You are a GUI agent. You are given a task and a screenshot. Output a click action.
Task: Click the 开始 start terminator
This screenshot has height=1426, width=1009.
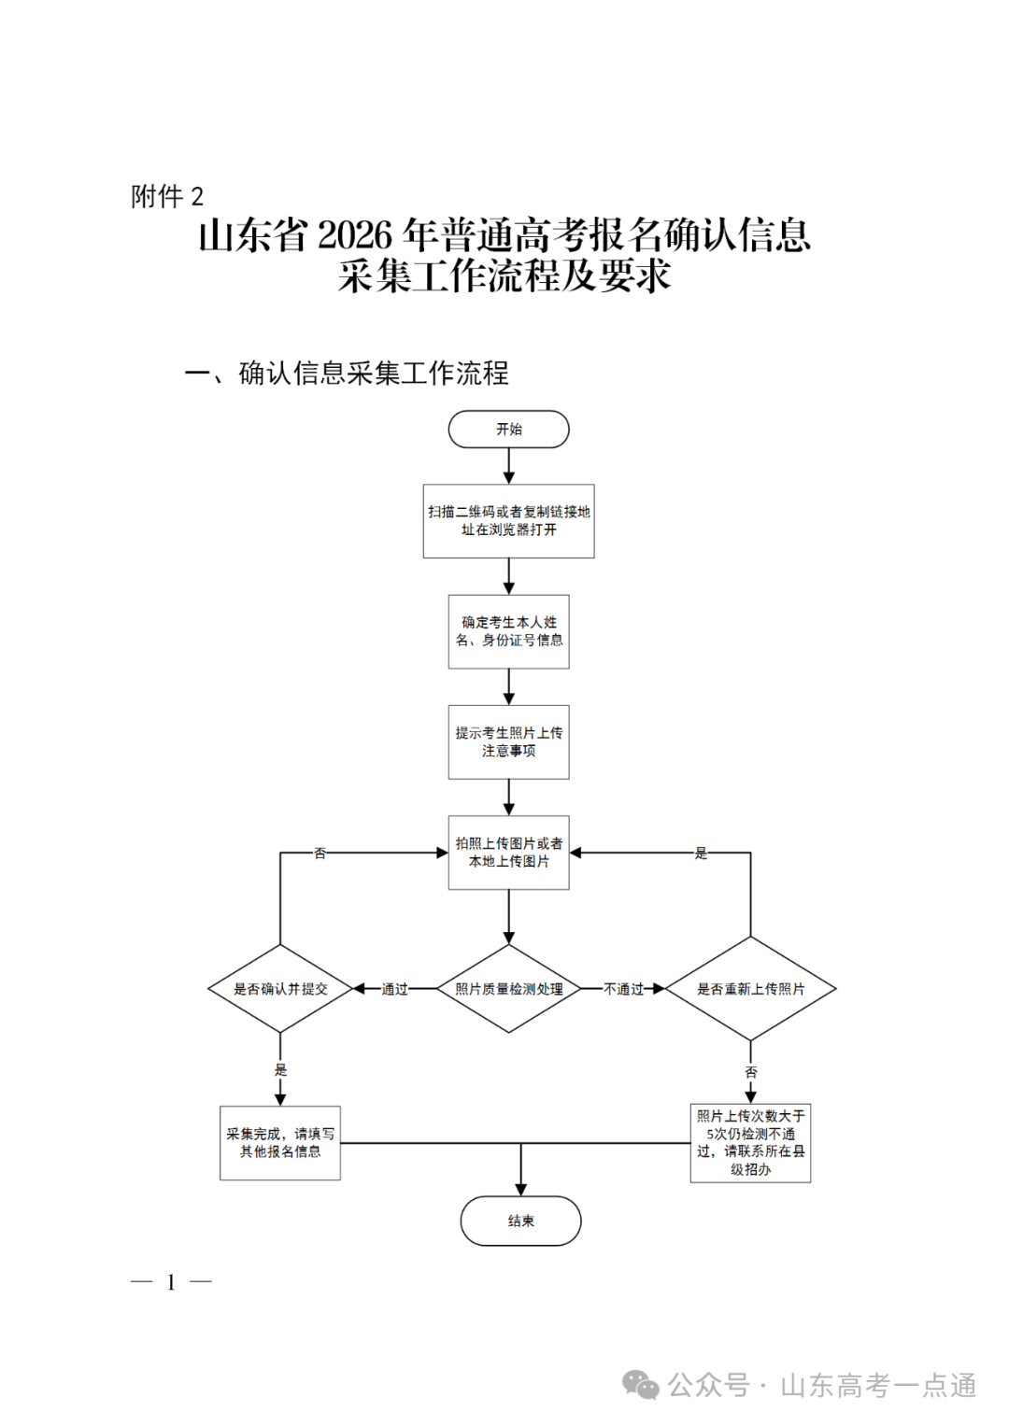(x=508, y=430)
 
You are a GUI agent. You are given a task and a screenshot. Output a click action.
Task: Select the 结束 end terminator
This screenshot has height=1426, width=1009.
(x=520, y=1221)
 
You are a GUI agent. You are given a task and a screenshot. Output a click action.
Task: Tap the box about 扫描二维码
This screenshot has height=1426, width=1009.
(x=508, y=521)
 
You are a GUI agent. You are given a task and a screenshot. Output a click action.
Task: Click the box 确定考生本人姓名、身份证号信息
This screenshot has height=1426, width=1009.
(x=508, y=631)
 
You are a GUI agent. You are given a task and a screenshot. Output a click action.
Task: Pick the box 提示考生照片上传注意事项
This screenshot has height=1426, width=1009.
(x=508, y=742)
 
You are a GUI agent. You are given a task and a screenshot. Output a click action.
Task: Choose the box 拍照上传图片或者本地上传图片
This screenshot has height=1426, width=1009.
(x=508, y=853)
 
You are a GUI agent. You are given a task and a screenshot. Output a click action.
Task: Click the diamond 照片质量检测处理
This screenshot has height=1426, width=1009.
(x=508, y=989)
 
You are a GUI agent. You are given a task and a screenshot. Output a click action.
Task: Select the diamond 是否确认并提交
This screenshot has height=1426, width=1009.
(x=280, y=989)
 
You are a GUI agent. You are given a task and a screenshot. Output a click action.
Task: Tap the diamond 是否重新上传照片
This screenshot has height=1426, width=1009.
(x=750, y=989)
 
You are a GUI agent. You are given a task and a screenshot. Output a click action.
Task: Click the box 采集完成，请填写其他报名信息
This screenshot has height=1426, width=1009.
(x=280, y=1143)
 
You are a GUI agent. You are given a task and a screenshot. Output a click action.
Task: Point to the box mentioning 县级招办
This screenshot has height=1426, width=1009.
(x=750, y=1143)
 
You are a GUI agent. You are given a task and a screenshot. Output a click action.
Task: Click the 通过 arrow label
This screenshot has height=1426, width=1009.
(x=394, y=989)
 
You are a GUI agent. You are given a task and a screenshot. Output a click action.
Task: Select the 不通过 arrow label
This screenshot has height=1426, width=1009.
(x=623, y=989)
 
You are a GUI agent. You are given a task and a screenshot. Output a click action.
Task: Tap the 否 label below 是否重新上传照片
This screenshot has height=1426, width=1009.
(x=750, y=1072)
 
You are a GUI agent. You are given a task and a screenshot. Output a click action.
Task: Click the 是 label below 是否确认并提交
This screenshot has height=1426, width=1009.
(x=280, y=1070)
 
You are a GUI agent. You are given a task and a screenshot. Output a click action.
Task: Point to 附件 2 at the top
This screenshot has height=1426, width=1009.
(x=167, y=197)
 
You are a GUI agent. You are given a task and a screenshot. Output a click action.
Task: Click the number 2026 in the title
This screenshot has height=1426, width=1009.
(x=355, y=235)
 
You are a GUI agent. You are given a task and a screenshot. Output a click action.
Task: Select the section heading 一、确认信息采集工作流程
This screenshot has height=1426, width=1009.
(x=347, y=374)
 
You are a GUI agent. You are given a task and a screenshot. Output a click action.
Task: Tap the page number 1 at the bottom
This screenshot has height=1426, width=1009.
(x=171, y=1282)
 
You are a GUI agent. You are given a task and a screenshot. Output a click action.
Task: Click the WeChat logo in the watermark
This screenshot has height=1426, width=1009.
(x=641, y=1386)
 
